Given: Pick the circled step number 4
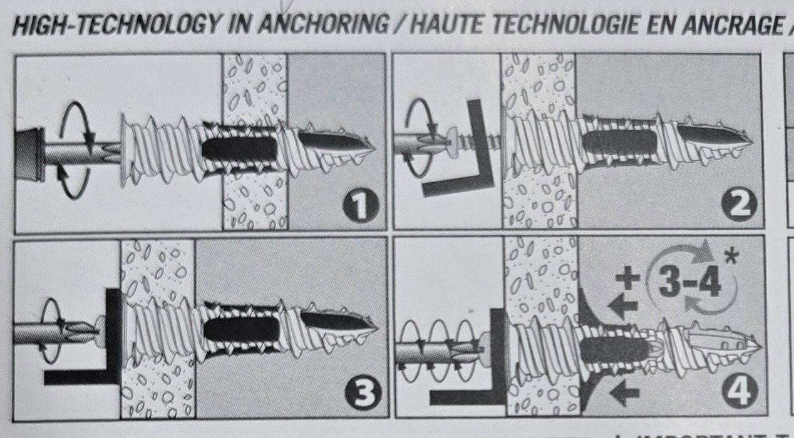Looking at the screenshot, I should tap(741, 393).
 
